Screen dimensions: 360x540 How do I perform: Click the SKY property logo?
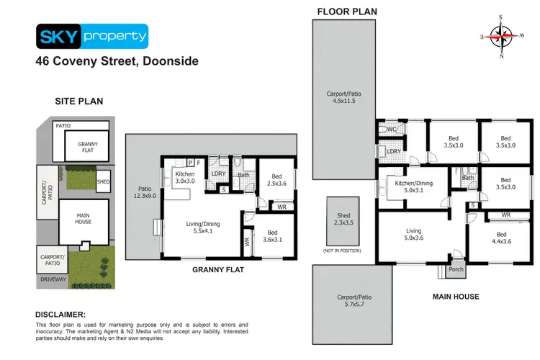pyautogui.click(x=91, y=35)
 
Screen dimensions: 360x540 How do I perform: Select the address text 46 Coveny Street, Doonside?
pyautogui.click(x=117, y=61)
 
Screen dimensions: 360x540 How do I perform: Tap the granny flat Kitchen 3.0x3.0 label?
pyautogui.click(x=180, y=177)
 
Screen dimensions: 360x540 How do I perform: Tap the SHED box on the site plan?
pyautogui.click(x=103, y=181)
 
